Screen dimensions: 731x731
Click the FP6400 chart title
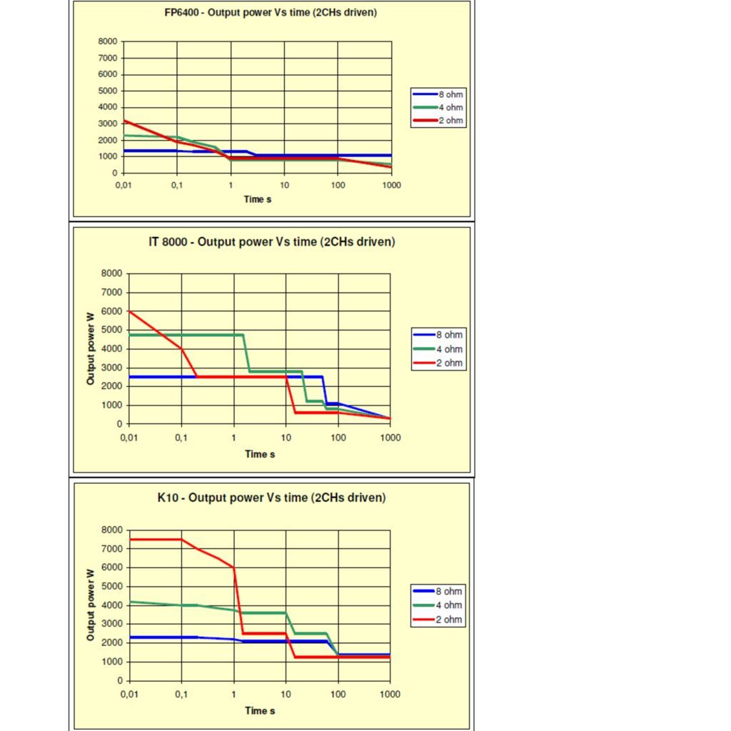click(271, 13)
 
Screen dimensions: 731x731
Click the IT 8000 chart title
click(271, 242)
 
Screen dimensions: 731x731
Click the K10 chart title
click(271, 498)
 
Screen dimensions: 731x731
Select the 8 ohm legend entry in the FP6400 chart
click(450, 94)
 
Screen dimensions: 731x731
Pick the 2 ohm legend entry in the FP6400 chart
click(450, 121)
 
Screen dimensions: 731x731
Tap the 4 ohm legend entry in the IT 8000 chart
click(449, 349)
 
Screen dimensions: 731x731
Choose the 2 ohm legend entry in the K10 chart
click(449, 620)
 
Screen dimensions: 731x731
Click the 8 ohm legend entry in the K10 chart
click(449, 591)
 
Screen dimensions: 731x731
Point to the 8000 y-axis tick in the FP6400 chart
click(108, 41)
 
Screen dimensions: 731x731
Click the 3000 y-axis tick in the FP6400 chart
click(108, 123)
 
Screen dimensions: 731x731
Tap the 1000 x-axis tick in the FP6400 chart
click(391, 185)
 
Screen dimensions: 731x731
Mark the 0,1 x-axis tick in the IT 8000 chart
click(181, 438)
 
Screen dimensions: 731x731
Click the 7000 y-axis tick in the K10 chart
click(113, 549)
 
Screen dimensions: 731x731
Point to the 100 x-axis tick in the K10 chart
click(338, 694)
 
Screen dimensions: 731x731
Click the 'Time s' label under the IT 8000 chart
click(260, 454)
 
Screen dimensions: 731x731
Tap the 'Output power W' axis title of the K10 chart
click(91, 605)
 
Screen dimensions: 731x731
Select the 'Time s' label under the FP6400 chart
click(258, 199)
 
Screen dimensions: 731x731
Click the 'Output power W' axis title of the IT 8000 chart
click(91, 348)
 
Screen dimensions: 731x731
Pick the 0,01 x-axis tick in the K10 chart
click(129, 694)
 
